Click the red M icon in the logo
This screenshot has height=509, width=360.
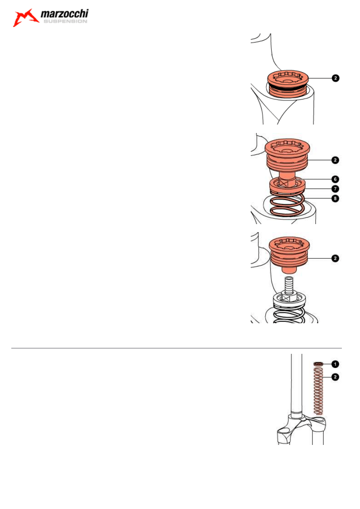click(25, 18)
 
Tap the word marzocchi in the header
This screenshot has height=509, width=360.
click(65, 15)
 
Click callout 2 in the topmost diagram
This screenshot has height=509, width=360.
click(335, 78)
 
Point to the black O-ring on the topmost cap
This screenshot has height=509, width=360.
click(287, 86)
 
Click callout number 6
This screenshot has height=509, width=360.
click(335, 179)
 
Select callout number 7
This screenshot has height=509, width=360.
click(335, 189)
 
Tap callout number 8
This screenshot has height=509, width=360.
click(335, 198)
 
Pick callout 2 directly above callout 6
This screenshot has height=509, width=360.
click(335, 160)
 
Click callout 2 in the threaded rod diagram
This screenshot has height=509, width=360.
click(335, 258)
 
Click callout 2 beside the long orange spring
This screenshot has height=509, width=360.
click(335, 376)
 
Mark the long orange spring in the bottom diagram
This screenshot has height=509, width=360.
click(319, 391)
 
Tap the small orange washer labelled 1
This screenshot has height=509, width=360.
click(319, 364)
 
